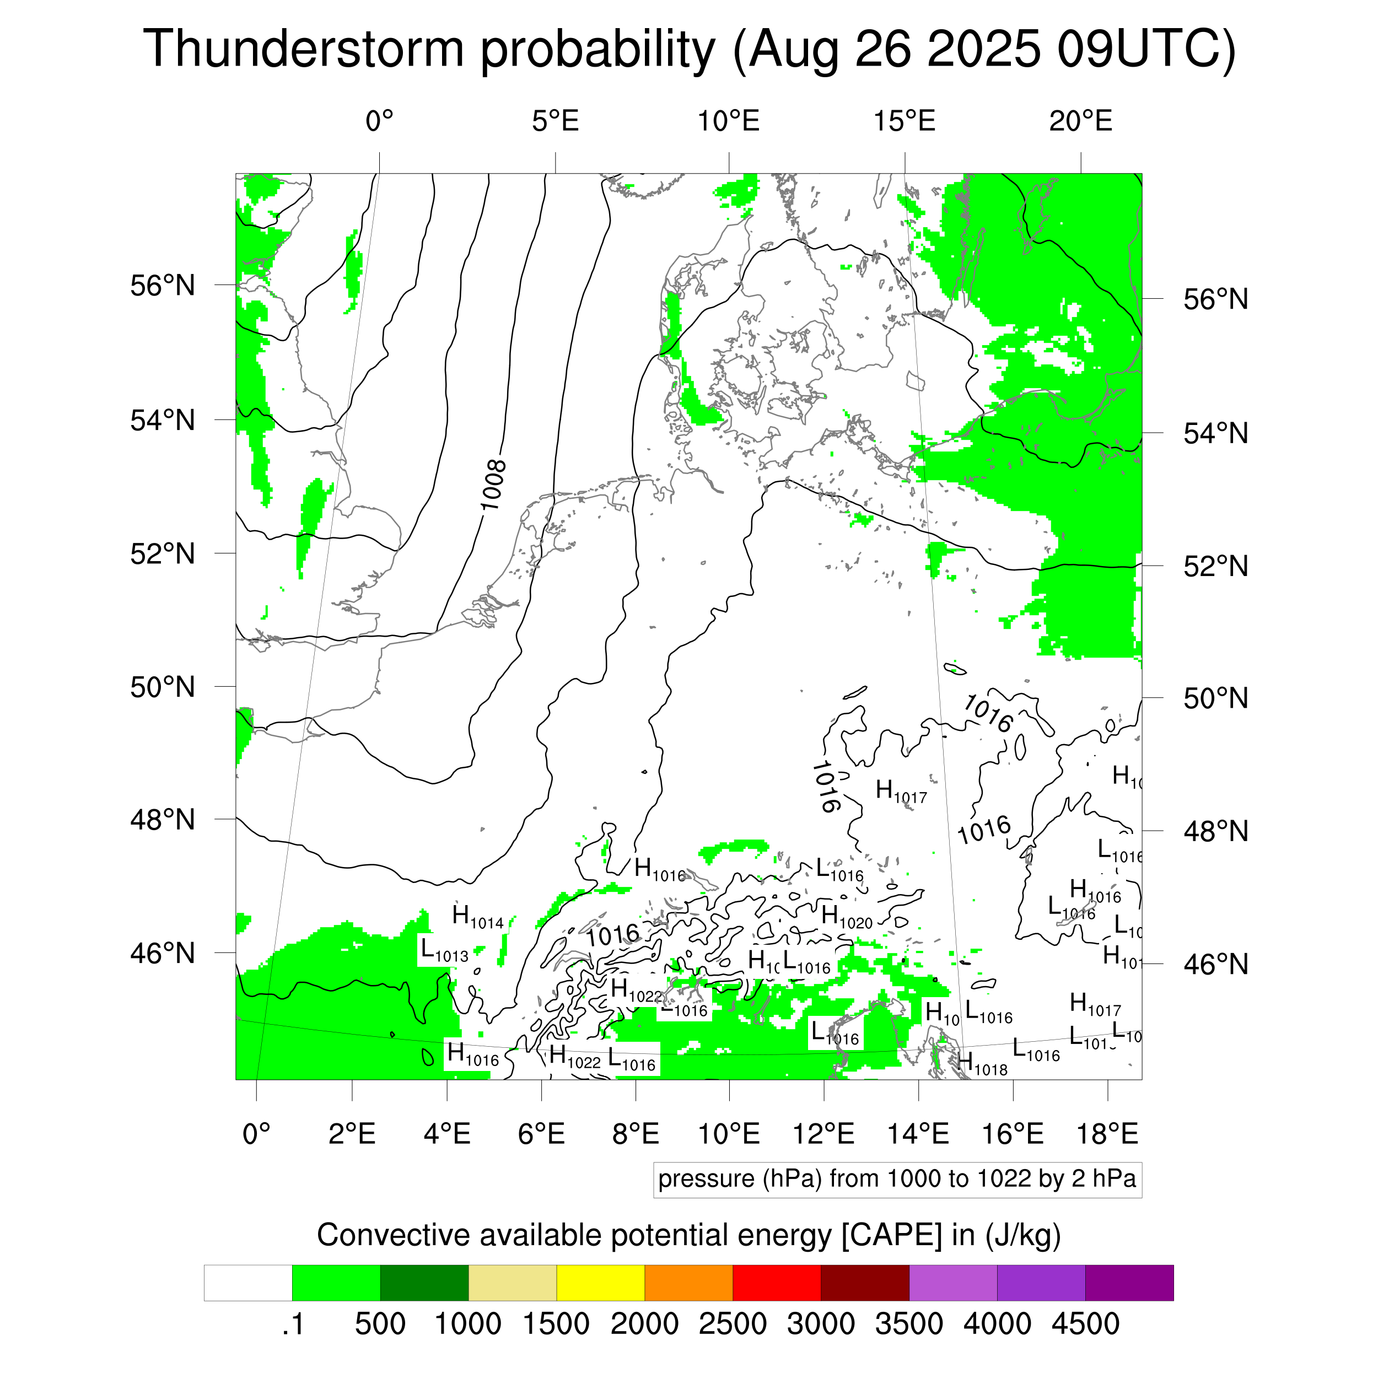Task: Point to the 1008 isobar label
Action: click(493, 486)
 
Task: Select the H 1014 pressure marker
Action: click(478, 917)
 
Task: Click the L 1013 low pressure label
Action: click(444, 951)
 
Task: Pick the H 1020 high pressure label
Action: click(847, 917)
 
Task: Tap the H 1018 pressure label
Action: click(982, 1064)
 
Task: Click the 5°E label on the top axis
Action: click(555, 122)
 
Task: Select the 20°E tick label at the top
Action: click(1080, 122)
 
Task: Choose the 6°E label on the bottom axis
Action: click(541, 1134)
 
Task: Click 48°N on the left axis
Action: click(163, 820)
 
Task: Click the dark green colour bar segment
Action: click(424, 1283)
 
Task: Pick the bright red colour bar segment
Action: click(776, 1283)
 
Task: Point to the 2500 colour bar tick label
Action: click(733, 1325)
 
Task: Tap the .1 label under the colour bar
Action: click(293, 1325)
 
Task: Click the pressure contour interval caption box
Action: click(897, 1179)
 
